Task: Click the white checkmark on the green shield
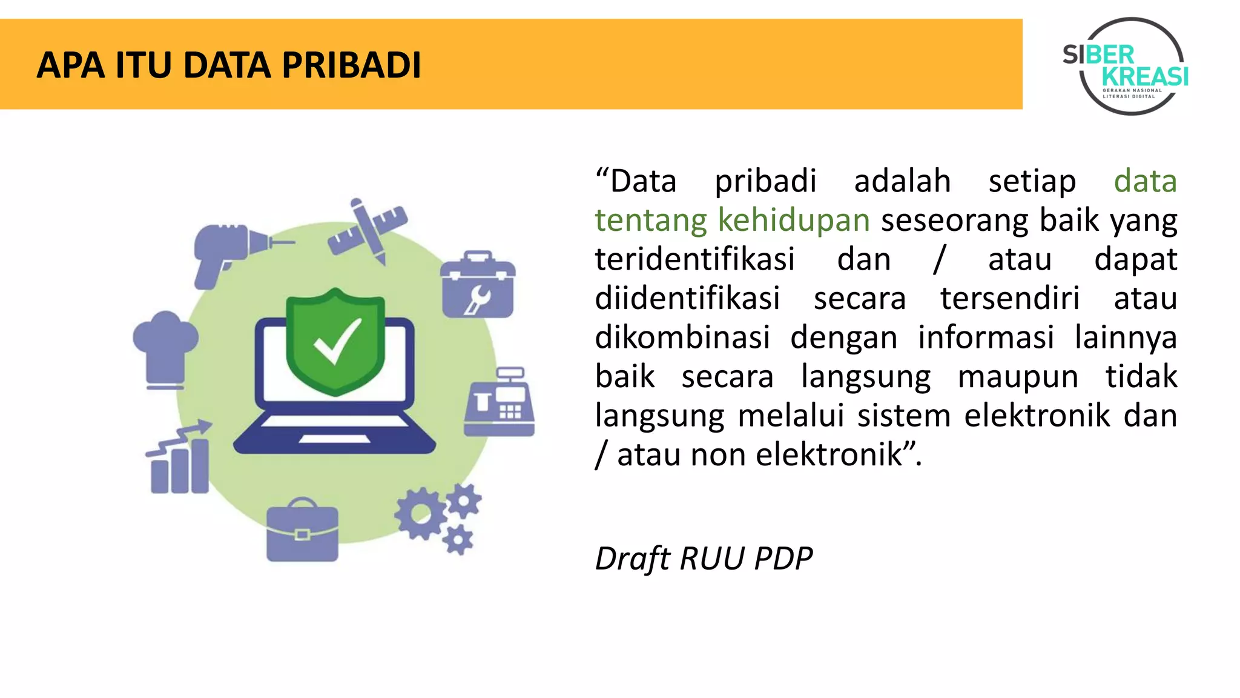(337, 341)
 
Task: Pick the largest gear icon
(420, 514)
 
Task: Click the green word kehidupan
(793, 220)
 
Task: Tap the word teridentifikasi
(694, 259)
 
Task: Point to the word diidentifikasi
(687, 299)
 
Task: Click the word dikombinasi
(682, 337)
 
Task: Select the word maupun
(1018, 377)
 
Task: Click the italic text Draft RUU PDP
(704, 558)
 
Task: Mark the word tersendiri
(1009, 299)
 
